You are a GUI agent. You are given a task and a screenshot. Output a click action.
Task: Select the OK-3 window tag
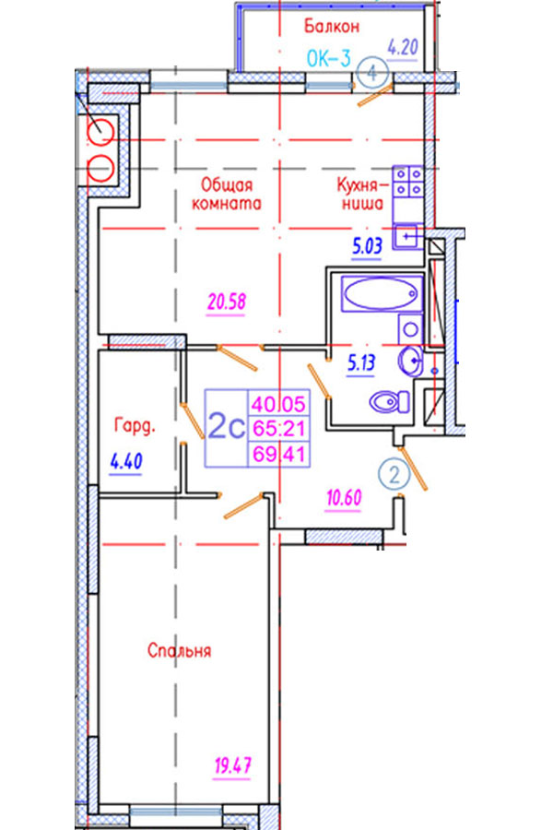tap(327, 58)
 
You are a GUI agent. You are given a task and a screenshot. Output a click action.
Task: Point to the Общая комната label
tap(227, 194)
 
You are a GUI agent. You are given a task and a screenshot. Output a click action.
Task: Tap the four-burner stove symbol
tap(407, 181)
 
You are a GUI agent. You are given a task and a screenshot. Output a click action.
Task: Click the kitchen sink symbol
tap(406, 237)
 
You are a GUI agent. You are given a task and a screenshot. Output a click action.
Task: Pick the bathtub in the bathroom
tap(379, 296)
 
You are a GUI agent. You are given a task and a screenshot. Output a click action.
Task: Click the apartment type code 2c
tap(226, 427)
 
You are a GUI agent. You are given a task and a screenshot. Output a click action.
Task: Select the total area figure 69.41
tap(282, 453)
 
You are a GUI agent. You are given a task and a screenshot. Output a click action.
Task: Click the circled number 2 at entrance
tap(394, 476)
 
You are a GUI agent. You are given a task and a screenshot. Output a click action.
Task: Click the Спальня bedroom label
tap(180, 651)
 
